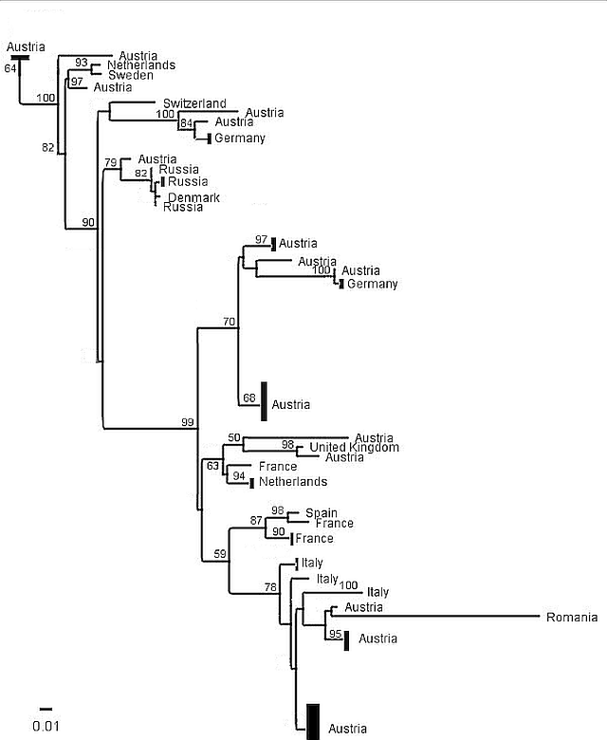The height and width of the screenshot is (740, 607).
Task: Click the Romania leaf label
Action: tap(572, 618)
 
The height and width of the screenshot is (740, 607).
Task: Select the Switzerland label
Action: tap(194, 102)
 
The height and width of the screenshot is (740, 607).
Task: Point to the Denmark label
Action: tap(193, 197)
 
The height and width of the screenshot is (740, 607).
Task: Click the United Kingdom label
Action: tap(354, 447)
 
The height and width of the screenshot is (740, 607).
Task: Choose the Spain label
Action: tap(322, 512)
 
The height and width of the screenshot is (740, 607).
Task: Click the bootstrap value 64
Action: tap(10, 68)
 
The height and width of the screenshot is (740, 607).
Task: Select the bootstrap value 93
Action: tap(82, 64)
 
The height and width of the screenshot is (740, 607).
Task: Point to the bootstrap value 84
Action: tap(187, 123)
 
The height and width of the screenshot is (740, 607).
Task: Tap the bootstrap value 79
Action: tap(111, 163)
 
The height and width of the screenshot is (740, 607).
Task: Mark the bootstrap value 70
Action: tap(229, 322)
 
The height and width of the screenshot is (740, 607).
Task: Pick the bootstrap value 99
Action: tap(188, 421)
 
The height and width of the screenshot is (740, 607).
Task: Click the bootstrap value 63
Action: tap(213, 465)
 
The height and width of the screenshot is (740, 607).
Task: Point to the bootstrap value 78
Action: tap(271, 587)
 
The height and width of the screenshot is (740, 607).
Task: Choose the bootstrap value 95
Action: tap(334, 633)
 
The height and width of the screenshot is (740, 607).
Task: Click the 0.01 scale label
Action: tap(46, 727)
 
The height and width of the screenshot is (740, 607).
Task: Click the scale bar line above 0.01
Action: tap(46, 708)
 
